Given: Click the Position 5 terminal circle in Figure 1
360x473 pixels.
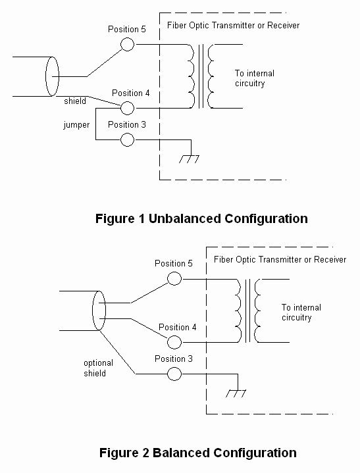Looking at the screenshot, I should [128, 44].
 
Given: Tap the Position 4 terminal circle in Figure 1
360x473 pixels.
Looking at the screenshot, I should [128, 107].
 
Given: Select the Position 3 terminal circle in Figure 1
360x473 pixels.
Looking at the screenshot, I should [128, 139].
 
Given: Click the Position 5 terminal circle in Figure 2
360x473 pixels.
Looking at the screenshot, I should [174, 278].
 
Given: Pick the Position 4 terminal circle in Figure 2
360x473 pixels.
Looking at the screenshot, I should [174, 342].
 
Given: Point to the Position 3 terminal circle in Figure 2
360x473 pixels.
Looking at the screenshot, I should [174, 374].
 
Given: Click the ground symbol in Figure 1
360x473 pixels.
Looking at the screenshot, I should [190, 158].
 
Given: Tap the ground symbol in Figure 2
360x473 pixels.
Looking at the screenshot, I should [236, 393].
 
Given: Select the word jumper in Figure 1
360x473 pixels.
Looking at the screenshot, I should [76, 125].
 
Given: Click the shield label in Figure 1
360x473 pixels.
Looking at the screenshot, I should [75, 101].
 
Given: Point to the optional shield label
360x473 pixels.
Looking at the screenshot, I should [98, 368].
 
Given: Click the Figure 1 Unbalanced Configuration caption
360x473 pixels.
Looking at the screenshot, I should [201, 218].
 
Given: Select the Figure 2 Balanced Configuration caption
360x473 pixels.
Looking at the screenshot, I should [197, 453].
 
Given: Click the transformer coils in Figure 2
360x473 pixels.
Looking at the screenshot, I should [247, 311].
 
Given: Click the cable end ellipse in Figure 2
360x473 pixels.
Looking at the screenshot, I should [99, 311].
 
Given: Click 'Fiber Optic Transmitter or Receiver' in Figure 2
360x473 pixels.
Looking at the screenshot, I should [280, 260].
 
